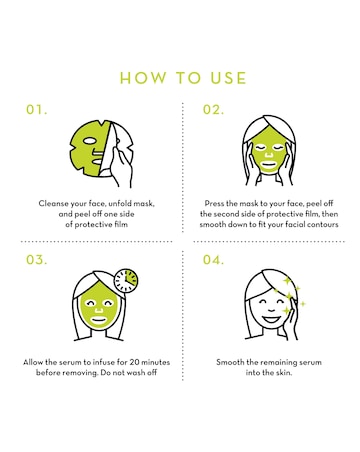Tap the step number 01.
click(x=37, y=110)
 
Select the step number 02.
click(x=213, y=110)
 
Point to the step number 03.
click(x=37, y=261)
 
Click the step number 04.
click(x=213, y=261)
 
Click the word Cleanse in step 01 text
click(x=55, y=203)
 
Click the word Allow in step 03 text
click(x=35, y=362)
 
